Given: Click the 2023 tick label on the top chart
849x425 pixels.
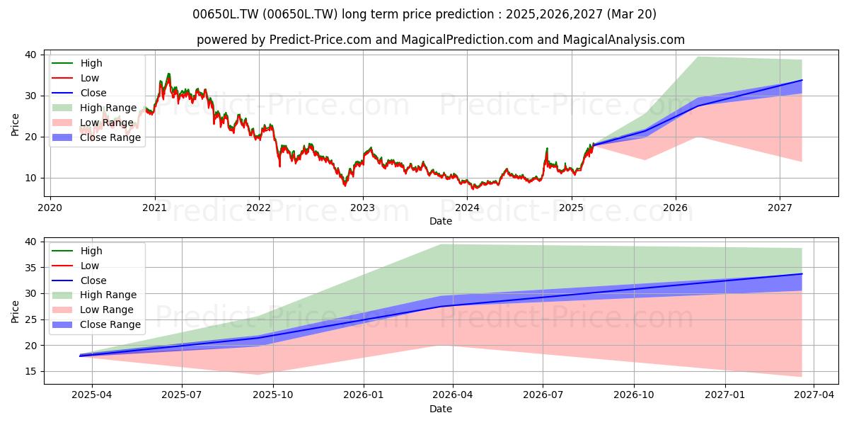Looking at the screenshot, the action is tap(363, 208).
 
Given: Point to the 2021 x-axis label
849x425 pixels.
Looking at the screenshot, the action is tap(155, 208).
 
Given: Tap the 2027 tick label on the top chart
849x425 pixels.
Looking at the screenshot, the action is tap(780, 208).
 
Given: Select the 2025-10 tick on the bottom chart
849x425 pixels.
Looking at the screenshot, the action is tap(273, 395).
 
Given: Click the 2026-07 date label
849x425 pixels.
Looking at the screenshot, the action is tap(543, 395).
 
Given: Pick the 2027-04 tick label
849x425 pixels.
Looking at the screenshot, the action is tap(814, 395).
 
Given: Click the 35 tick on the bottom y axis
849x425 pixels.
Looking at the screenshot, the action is tap(30, 268).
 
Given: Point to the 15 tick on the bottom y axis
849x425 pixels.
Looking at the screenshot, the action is tap(30, 371).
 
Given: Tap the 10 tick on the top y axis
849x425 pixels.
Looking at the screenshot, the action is tap(30, 178).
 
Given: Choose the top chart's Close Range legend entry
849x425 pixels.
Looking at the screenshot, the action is tap(96, 137).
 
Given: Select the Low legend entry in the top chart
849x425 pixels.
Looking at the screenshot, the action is tap(76, 78).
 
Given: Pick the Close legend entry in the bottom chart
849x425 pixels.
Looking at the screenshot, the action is tap(79, 280).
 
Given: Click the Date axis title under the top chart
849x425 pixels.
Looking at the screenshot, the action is tap(440, 221).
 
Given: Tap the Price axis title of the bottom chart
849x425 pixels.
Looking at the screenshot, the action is tap(15, 312).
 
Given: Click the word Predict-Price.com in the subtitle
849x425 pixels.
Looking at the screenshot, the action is tap(320, 40).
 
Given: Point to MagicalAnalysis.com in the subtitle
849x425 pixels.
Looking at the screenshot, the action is tap(624, 40).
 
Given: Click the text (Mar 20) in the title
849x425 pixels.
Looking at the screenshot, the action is tap(631, 14).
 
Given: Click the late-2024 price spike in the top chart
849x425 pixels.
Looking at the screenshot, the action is tap(547, 149).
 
